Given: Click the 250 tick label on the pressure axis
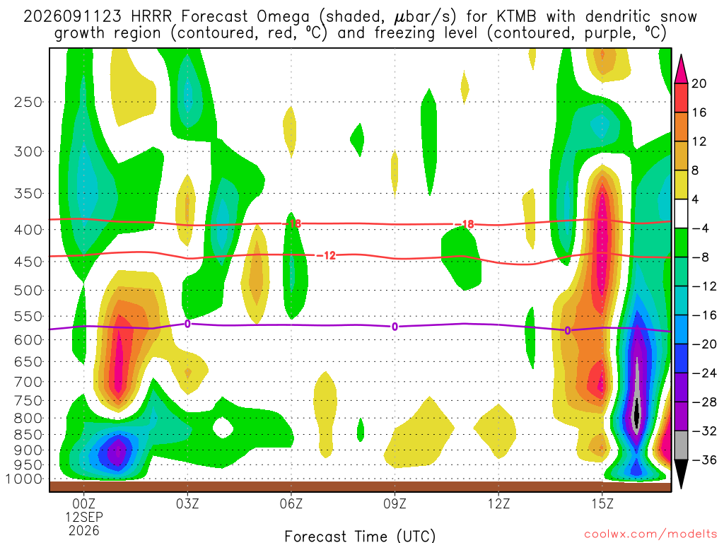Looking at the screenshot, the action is (x=28, y=102).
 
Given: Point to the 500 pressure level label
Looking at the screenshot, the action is (x=28, y=291).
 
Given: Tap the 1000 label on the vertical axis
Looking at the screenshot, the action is (x=24, y=479).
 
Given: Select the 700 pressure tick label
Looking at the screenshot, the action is (x=28, y=382).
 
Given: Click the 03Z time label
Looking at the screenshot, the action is (x=187, y=503).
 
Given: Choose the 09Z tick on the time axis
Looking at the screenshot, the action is (x=395, y=503).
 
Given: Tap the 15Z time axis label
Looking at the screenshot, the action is (x=602, y=503).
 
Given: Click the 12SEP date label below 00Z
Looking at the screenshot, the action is (x=84, y=517).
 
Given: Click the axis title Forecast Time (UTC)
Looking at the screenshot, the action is (x=360, y=536).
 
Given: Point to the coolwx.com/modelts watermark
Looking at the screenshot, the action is (x=650, y=535).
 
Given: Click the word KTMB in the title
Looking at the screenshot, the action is (x=517, y=17).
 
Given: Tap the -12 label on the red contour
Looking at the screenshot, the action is (x=327, y=255).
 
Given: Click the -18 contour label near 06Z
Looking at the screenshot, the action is (x=292, y=224).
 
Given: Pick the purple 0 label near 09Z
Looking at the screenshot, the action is (x=395, y=327).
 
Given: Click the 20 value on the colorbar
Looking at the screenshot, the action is (x=699, y=83).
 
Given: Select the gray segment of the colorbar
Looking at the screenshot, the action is (x=681, y=445).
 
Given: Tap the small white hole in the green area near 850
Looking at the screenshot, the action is (x=223, y=427).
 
